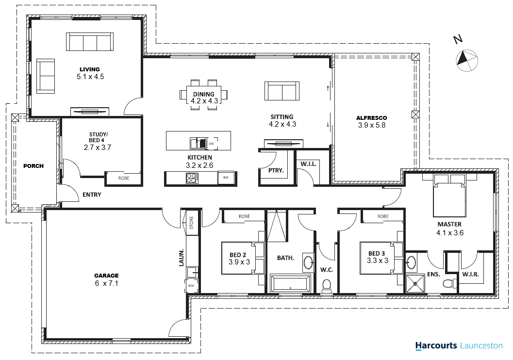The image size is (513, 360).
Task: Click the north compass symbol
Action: click(x=467, y=61)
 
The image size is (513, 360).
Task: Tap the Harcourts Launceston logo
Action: click(x=459, y=345)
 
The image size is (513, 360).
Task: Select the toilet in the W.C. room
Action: click(x=327, y=286)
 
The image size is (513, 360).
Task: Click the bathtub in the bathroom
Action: click(x=290, y=283)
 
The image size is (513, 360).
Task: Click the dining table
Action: click(x=203, y=95)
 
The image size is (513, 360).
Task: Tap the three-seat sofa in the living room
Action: click(x=90, y=42)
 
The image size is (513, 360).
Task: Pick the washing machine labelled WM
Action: click(x=191, y=285)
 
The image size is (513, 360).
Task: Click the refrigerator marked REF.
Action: click(x=226, y=178)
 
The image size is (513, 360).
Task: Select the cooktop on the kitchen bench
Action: click(x=191, y=178)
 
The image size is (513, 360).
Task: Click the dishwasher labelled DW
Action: click(x=211, y=144)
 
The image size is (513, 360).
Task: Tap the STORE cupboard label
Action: click(x=192, y=223)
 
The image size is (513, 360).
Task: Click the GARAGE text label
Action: click(x=106, y=276)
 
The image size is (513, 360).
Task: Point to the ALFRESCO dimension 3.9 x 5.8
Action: click(x=372, y=125)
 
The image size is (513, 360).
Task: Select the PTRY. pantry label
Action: click(x=276, y=170)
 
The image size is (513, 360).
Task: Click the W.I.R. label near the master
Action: click(x=470, y=274)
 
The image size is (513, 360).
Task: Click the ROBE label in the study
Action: click(x=124, y=178)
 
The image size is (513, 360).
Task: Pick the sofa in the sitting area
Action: click(x=281, y=91)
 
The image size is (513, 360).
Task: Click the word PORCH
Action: click(x=33, y=166)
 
